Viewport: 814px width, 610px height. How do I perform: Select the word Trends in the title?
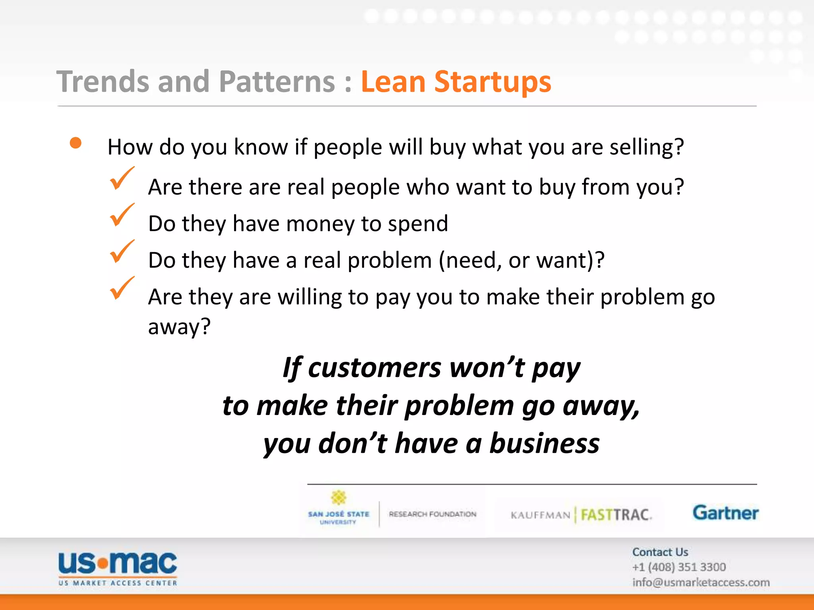(103, 82)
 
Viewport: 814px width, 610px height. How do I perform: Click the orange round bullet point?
(76, 143)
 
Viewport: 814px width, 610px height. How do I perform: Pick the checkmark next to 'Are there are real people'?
(121, 178)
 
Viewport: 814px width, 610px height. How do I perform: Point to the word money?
(320, 224)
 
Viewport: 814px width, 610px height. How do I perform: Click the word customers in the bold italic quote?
(374, 368)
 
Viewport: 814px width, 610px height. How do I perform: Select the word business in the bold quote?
(544, 443)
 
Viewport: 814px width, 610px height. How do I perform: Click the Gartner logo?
(725, 513)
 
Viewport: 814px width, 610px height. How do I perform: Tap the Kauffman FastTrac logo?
(581, 515)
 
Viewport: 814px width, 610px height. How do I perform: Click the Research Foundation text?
(432, 514)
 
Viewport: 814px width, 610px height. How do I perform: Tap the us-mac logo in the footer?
(118, 568)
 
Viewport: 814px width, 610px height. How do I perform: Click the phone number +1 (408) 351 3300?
(679, 567)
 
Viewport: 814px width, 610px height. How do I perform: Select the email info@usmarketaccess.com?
(701, 582)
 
